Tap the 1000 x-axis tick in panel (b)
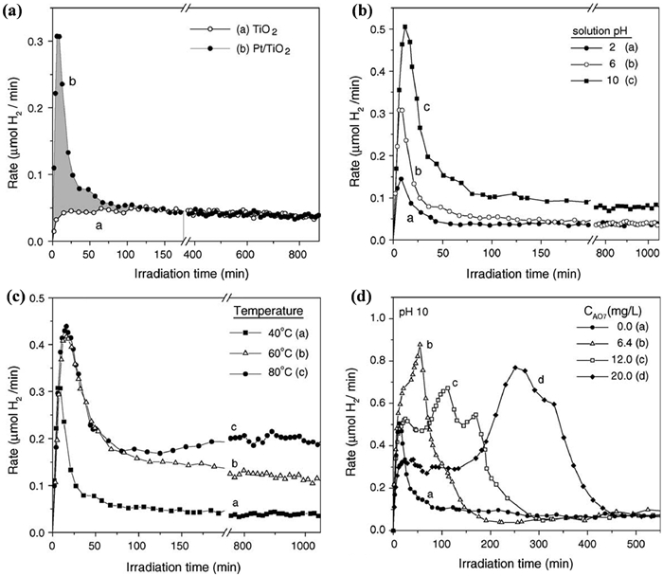tap(644, 256)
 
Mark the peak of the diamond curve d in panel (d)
tap(517, 368)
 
